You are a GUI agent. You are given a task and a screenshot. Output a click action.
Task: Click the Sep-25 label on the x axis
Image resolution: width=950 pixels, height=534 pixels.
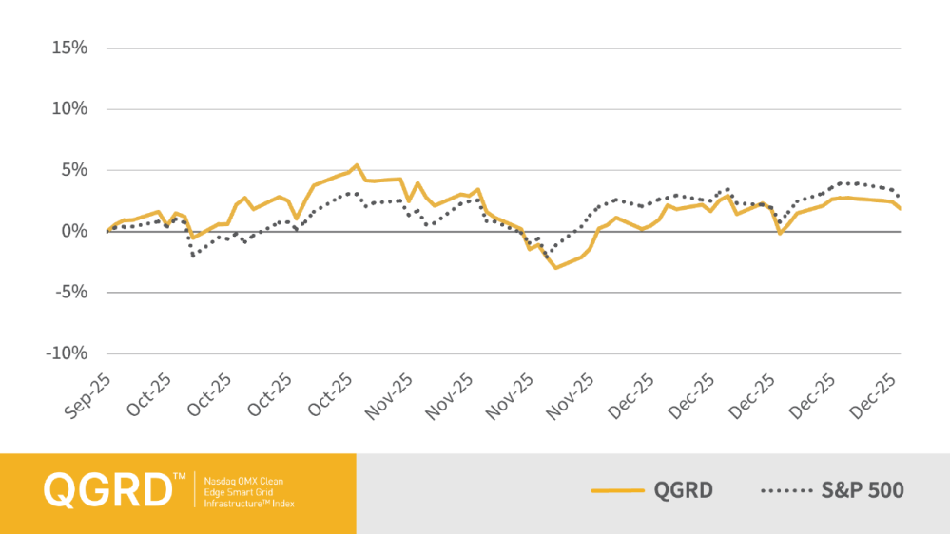coord(91,394)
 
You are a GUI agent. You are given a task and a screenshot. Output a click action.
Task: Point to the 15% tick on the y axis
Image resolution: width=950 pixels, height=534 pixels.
coord(69,48)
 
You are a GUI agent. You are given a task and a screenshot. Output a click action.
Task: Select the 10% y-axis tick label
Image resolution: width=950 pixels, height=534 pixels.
coord(69,109)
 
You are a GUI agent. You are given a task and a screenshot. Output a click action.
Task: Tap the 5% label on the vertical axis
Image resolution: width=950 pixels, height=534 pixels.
coord(73,170)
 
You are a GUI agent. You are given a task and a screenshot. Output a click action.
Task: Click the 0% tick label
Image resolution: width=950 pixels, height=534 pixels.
coord(73,232)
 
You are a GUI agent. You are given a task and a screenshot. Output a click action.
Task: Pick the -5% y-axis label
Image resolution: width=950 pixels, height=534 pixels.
coord(70,293)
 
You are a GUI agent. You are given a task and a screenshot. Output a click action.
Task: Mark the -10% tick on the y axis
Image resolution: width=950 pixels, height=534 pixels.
coord(67,354)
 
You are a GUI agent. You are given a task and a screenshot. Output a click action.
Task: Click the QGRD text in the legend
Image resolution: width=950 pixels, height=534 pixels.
coord(683,491)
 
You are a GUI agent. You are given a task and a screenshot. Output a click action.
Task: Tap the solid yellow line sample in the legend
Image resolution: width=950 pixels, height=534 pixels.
coord(618,491)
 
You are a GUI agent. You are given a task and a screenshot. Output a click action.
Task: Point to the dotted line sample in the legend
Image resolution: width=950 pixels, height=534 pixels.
coord(785,491)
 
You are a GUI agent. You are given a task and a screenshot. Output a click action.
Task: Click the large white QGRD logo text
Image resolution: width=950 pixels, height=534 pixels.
coord(107,490)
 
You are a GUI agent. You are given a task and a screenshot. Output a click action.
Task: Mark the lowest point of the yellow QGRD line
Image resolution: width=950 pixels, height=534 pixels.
coord(556,268)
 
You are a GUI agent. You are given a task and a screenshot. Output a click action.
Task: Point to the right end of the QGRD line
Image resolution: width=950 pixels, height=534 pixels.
coord(900,209)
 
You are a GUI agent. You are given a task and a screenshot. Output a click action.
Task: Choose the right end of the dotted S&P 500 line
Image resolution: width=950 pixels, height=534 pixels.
coord(900,197)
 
